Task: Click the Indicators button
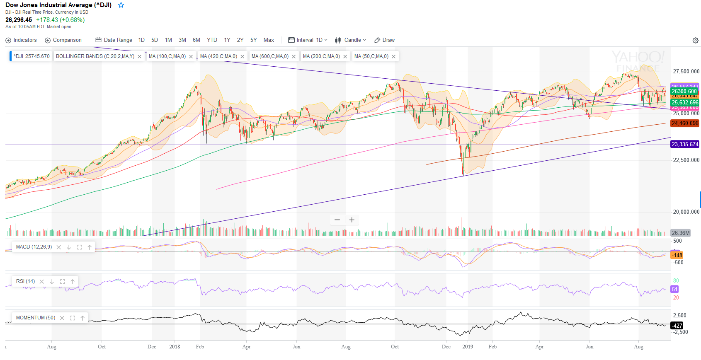[x=21, y=40]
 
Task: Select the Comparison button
[x=63, y=40]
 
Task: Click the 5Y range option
[x=253, y=40]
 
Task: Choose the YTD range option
[x=212, y=40]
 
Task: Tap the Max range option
[x=269, y=40]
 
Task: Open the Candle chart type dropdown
[x=351, y=40]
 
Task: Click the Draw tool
[x=384, y=40]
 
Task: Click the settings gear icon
[x=695, y=41]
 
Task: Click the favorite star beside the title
[x=121, y=5]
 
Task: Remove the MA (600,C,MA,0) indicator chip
[x=293, y=57]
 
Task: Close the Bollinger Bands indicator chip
[x=139, y=57]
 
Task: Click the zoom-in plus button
[x=352, y=220]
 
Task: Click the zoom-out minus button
[x=337, y=220]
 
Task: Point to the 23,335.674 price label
[x=685, y=145]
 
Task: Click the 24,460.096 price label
[x=685, y=123]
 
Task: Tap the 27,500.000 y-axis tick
[x=686, y=72]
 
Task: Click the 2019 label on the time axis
[x=468, y=347]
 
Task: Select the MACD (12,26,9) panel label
[x=34, y=247]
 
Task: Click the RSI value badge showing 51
[x=675, y=290]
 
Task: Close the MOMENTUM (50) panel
[x=62, y=318]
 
